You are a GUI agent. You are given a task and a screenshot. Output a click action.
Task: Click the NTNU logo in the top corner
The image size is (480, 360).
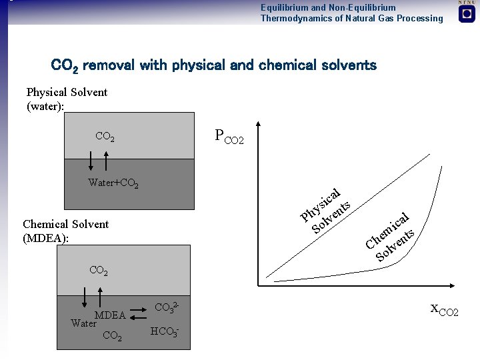467,12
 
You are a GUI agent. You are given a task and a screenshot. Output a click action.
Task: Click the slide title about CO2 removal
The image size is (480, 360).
214,65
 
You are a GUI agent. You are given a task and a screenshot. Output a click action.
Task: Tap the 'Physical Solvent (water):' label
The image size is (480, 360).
67,99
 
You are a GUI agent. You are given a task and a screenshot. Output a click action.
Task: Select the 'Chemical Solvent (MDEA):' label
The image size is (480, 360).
65,231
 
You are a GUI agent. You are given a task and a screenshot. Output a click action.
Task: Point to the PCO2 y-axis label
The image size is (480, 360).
229,137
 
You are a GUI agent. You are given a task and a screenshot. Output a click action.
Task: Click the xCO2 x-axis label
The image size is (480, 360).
444,309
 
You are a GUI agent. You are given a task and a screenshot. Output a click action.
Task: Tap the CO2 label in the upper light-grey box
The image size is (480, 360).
105,137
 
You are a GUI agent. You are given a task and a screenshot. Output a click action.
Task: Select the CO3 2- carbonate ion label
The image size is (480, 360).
166,307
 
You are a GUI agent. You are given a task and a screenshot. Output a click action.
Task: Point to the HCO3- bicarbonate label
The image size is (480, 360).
165,331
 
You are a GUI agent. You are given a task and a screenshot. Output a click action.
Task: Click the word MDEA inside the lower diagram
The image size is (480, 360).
110,315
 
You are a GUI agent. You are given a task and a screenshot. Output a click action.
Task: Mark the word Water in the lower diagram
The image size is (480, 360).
84,323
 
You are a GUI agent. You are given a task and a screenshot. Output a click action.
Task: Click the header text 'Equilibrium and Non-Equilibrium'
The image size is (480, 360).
328,7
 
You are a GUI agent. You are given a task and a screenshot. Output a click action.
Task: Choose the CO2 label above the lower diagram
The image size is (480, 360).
99,271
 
